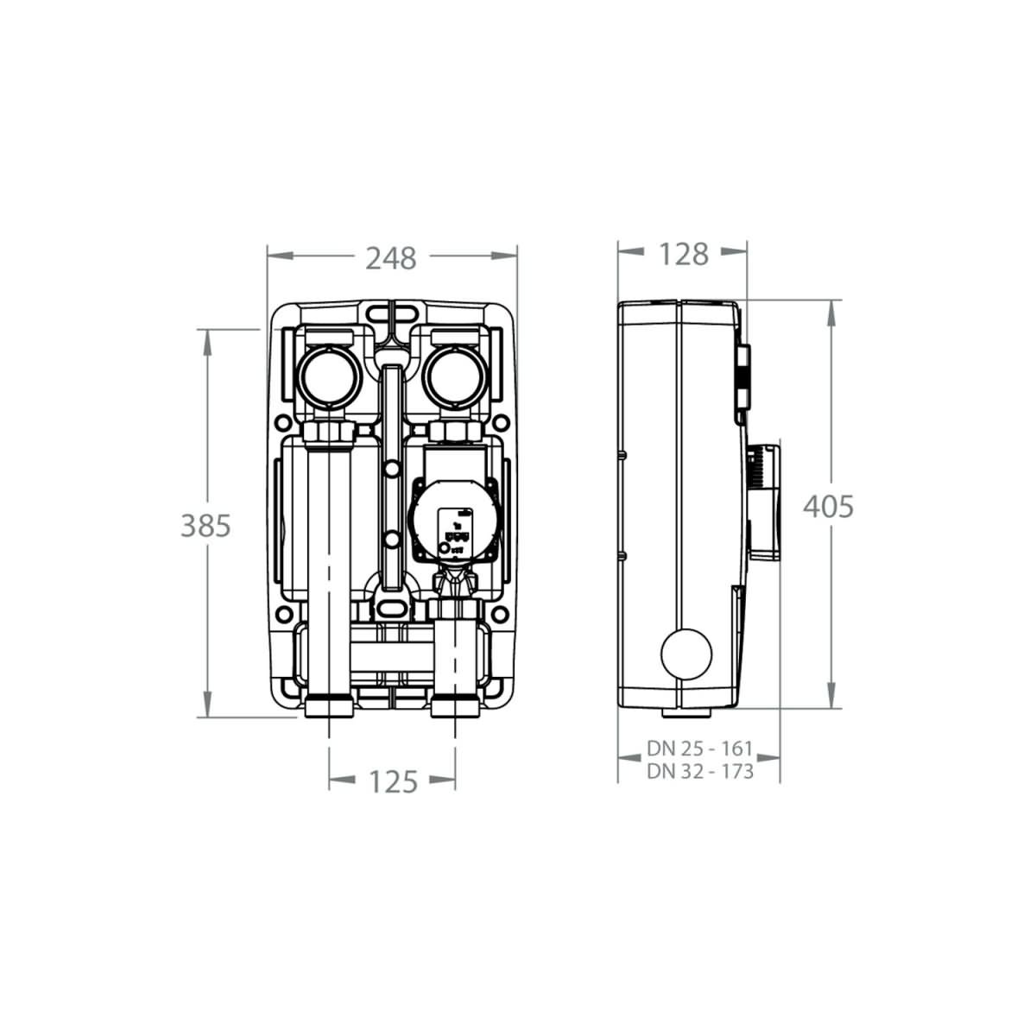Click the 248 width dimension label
[x=391, y=259]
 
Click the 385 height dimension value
[x=205, y=525]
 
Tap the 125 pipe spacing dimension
[x=394, y=781]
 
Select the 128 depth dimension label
[x=683, y=255]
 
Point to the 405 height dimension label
[x=828, y=507]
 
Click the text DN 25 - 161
[x=699, y=748]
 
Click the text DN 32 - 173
[x=700, y=771]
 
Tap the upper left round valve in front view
[x=328, y=376]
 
